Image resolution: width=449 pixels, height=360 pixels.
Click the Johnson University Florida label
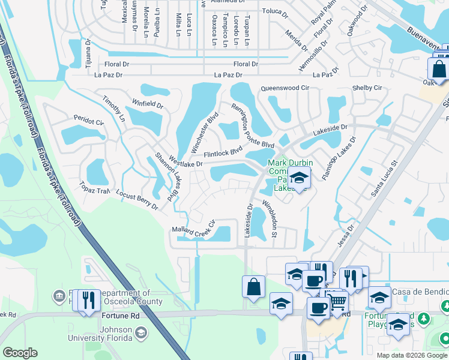(x=107, y=332)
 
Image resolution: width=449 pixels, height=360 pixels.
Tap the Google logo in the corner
(x=20, y=353)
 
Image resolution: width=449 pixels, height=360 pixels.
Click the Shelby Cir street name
(x=367, y=88)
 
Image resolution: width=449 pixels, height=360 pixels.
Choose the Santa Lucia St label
(x=384, y=178)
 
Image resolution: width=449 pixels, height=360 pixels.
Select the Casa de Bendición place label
(x=420, y=292)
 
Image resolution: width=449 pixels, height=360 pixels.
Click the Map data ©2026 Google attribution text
(x=411, y=355)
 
